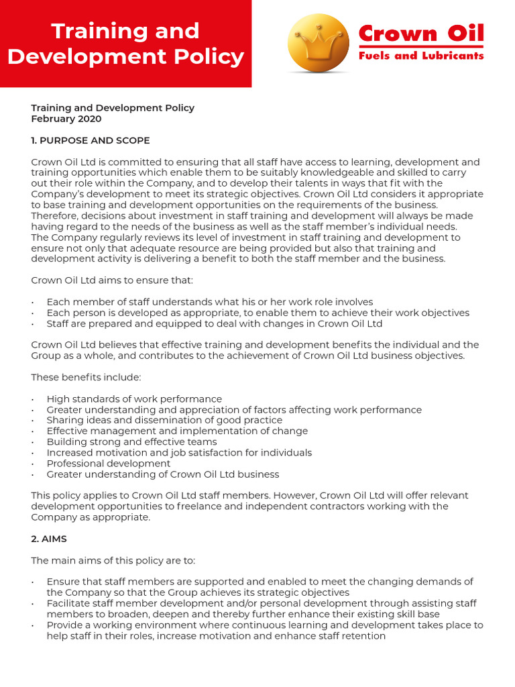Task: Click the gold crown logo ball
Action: tap(318, 43)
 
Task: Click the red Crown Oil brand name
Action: tap(420, 33)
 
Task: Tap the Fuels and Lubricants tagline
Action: tap(420, 56)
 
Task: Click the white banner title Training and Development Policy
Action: tap(125, 44)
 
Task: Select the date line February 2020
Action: tap(66, 119)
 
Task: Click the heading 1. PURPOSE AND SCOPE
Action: tap(91, 140)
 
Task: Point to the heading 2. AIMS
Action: tap(49, 539)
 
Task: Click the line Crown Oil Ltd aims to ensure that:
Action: tap(111, 280)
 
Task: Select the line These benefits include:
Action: tap(86, 377)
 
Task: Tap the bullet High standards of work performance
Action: tap(134, 399)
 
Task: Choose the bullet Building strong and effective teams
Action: tap(131, 442)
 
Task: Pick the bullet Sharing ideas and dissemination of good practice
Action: tap(164, 421)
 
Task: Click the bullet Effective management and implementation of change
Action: tap(177, 431)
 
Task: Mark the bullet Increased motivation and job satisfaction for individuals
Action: tap(179, 453)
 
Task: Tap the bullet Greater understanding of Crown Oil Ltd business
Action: tap(163, 474)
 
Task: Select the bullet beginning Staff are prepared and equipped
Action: tap(214, 323)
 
